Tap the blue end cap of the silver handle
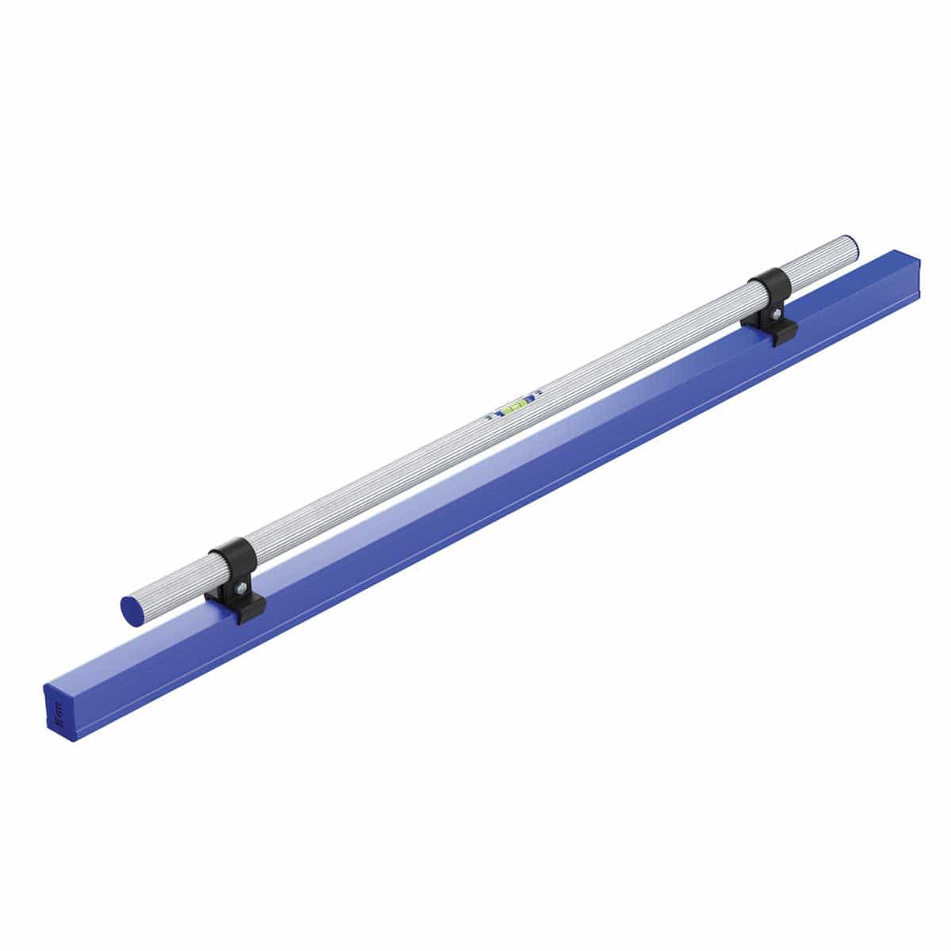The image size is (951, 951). (132, 608)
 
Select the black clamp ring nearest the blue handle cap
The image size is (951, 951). (231, 558)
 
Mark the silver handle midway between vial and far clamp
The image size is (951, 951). (642, 349)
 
